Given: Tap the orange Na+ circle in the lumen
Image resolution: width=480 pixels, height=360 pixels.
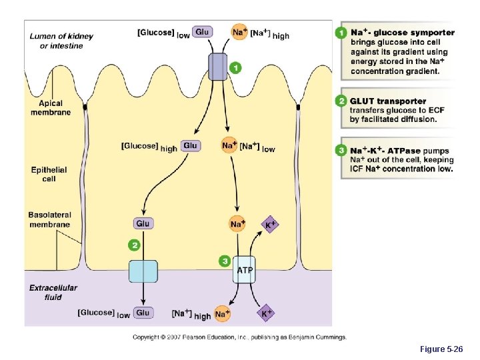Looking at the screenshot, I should click(239, 31).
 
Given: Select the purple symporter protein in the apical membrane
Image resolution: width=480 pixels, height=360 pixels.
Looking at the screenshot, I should click(218, 67).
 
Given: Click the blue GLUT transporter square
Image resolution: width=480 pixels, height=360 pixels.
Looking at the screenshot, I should click(143, 271).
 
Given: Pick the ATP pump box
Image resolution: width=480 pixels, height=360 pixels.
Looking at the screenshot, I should click(244, 269).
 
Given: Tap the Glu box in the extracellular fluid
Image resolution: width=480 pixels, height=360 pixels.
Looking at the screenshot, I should click(143, 312).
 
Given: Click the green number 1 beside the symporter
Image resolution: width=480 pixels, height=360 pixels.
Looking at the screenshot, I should click(235, 67).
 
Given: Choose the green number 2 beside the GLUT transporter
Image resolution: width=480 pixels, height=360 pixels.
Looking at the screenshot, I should click(135, 245).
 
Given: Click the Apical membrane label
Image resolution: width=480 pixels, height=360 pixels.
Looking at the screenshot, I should click(50, 108).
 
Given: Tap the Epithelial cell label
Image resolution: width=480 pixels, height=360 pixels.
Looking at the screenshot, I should click(49, 174).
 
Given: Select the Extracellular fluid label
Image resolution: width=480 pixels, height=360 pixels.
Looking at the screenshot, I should click(53, 292).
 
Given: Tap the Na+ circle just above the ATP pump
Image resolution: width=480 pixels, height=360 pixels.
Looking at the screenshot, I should click(237, 224).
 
